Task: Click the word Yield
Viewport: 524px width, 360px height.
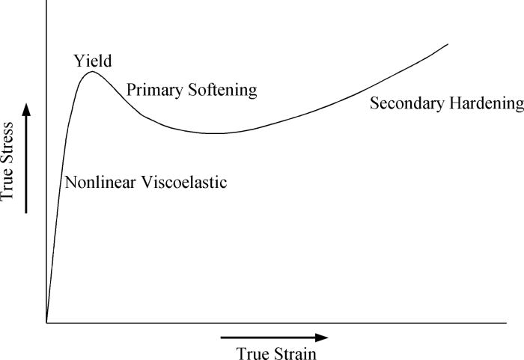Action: pyautogui.click(x=91, y=61)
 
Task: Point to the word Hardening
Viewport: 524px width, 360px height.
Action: pyautogui.click(x=487, y=103)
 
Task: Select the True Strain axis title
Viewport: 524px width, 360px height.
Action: pyautogui.click(x=276, y=353)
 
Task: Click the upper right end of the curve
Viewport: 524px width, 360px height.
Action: pyautogui.click(x=448, y=43)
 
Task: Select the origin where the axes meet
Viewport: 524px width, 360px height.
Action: pyautogui.click(x=46, y=323)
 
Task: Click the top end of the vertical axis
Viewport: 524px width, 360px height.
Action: pyautogui.click(x=46, y=2)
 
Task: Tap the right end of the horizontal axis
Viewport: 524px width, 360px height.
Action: pyautogui.click(x=522, y=323)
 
